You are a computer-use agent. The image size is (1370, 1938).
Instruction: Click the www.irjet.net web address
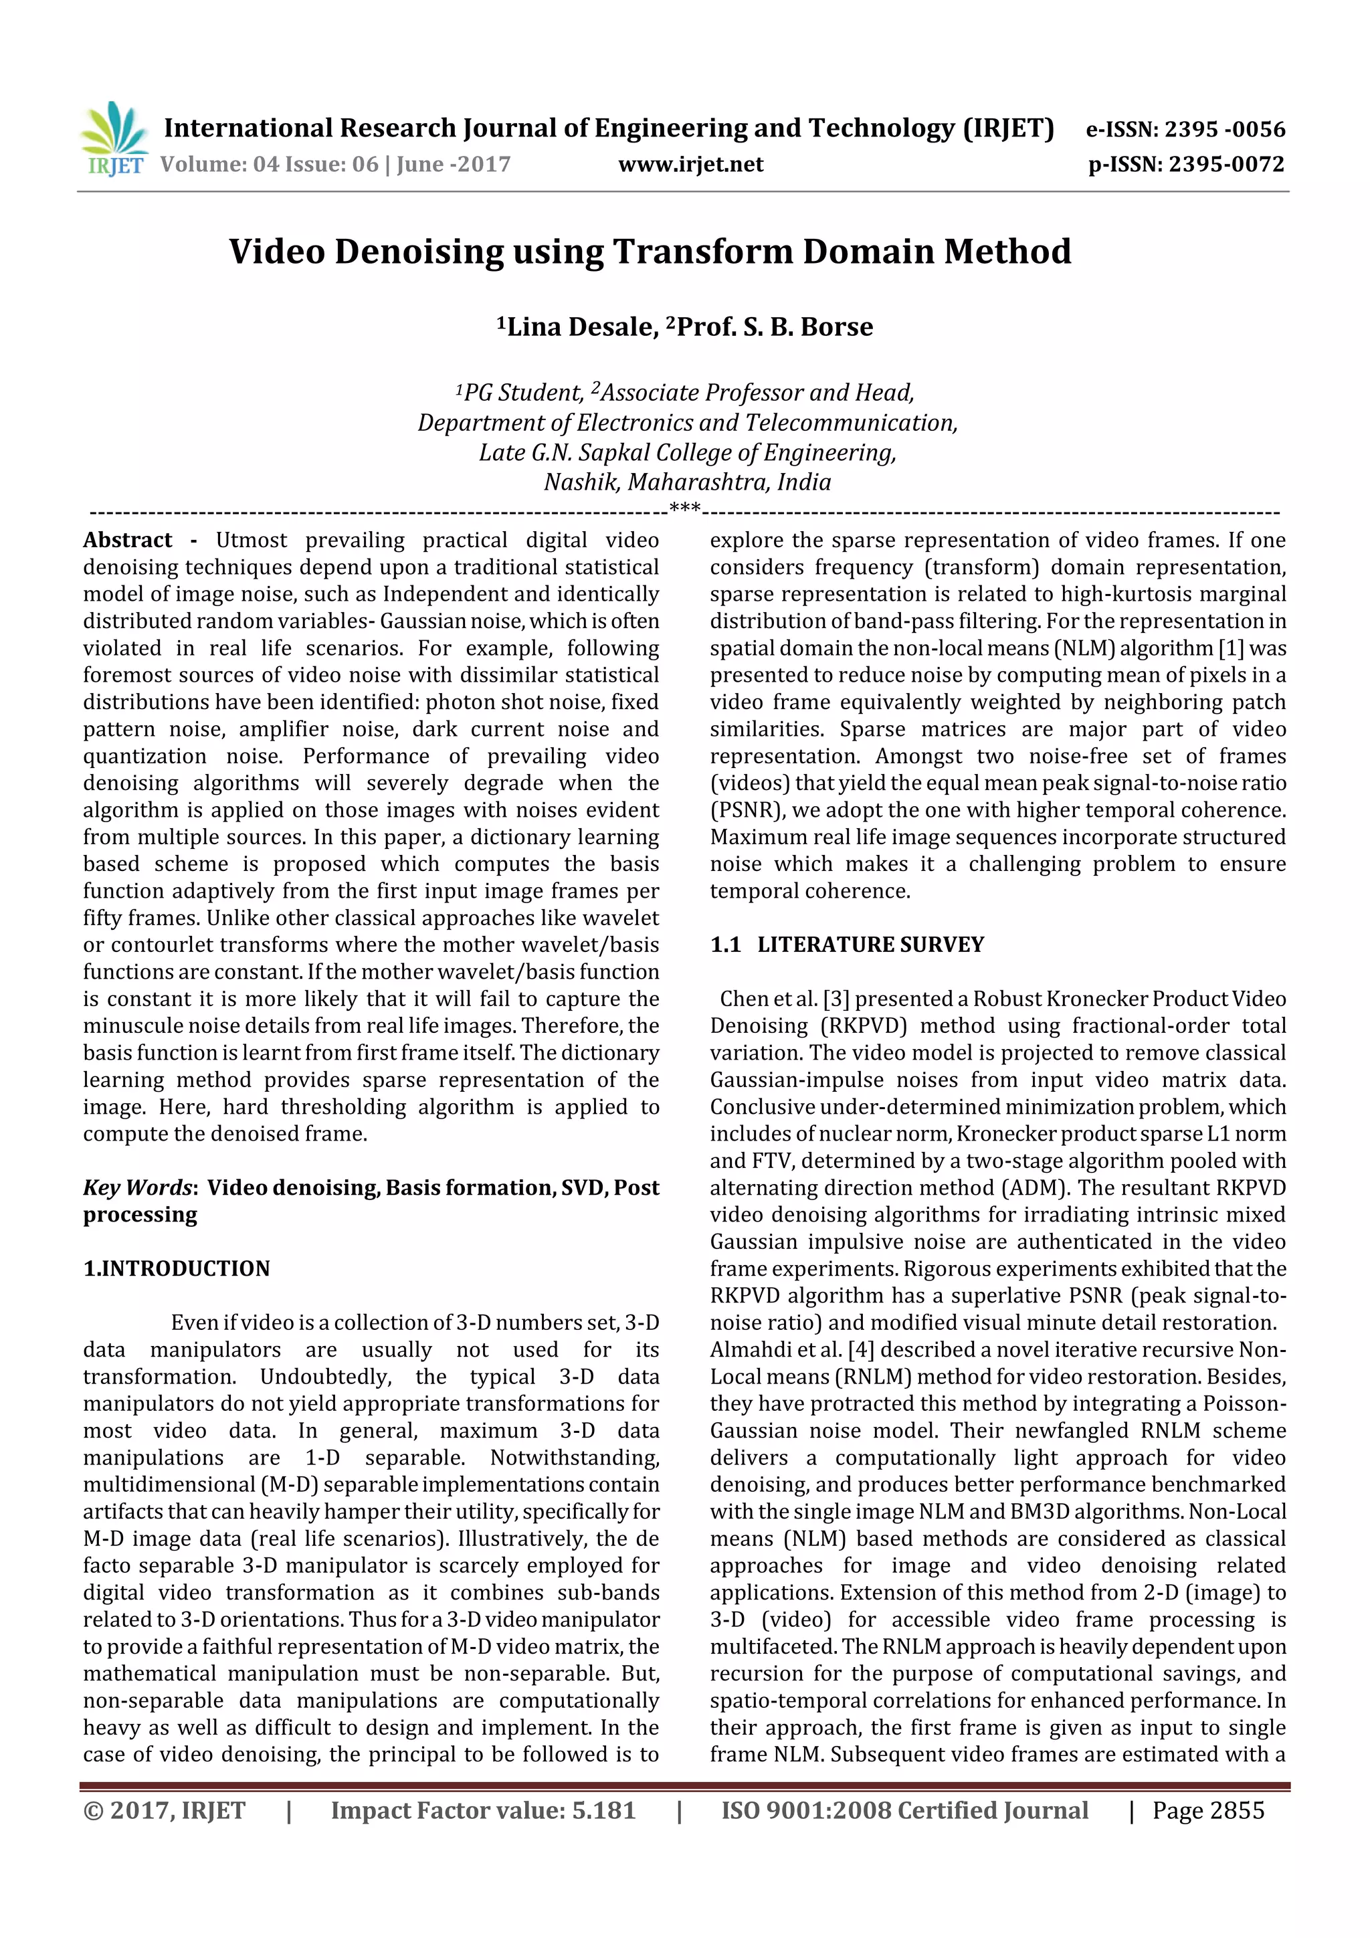[x=690, y=165]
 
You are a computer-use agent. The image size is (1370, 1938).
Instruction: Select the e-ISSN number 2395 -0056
[x=1225, y=129]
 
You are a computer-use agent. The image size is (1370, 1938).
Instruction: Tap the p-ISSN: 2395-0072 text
[x=1186, y=165]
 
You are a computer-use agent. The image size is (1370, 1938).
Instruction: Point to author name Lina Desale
[x=581, y=326]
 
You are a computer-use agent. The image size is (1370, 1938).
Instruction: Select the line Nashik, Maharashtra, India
[x=687, y=482]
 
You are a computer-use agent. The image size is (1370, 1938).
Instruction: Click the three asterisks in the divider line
[x=684, y=509]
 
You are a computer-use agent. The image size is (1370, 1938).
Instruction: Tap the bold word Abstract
[x=128, y=541]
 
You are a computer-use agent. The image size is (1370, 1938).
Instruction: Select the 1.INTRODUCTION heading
[x=177, y=1268]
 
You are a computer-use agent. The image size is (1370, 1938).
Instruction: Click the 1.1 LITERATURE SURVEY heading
[x=847, y=945]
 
